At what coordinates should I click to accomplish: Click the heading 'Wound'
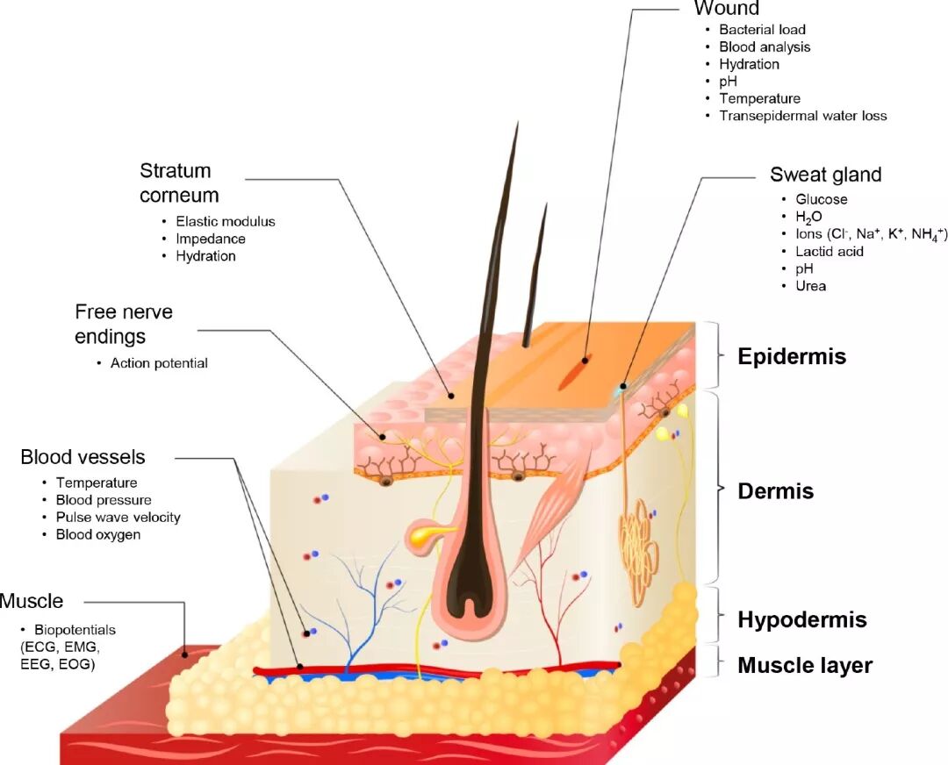click(x=726, y=9)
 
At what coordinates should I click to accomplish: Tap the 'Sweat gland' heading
click(x=825, y=175)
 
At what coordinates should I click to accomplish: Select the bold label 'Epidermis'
click(x=792, y=357)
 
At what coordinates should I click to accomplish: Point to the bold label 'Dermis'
click(x=775, y=491)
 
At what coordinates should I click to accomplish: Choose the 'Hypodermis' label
click(x=801, y=620)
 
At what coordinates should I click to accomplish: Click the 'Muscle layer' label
click(x=805, y=666)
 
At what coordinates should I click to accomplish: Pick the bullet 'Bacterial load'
click(x=762, y=30)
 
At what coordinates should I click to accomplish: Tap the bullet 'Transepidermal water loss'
click(x=802, y=116)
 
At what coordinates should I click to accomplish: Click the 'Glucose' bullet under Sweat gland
click(x=822, y=199)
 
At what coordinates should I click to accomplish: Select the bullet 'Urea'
click(x=810, y=286)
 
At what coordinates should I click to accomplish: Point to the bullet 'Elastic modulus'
click(x=226, y=222)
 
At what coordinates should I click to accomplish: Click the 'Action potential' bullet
click(x=159, y=363)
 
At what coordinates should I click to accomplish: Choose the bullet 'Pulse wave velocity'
click(x=118, y=518)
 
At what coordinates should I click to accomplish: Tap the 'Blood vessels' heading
click(x=83, y=457)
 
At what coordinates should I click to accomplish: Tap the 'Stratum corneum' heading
click(x=178, y=182)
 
